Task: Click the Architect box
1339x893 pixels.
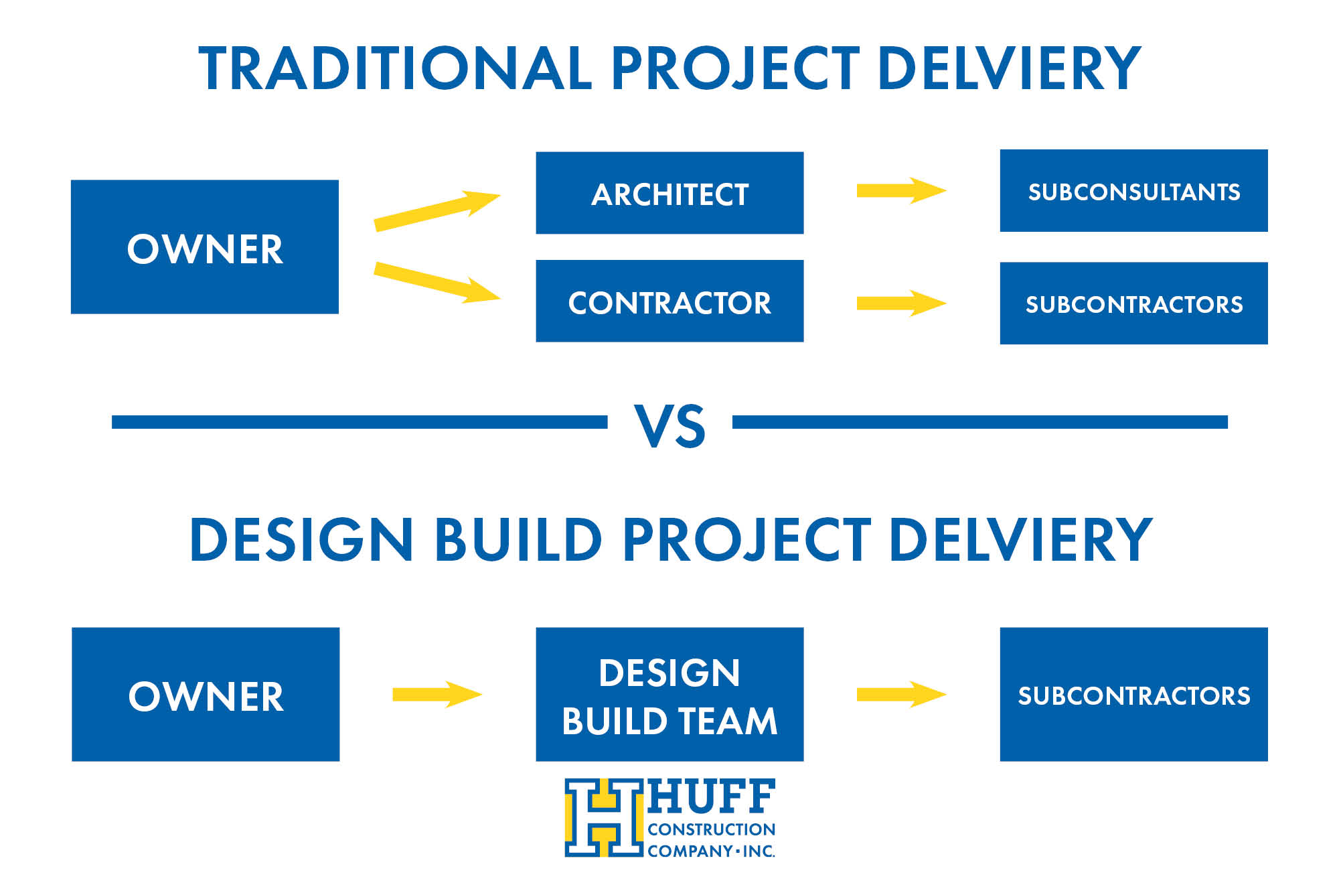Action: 669,193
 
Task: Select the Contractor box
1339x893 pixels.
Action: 669,301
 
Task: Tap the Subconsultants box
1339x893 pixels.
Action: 1133,191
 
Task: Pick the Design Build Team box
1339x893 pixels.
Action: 669,694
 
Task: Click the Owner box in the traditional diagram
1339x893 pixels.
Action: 205,247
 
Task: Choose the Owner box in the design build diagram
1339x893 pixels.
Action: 206,694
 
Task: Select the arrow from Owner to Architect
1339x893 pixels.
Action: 437,210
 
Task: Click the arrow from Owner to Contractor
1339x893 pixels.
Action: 437,282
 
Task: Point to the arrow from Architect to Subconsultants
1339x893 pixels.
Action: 901,190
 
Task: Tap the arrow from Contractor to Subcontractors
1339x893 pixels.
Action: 901,303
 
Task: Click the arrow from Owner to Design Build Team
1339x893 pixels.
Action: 437,694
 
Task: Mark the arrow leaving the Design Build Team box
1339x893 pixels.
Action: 901,694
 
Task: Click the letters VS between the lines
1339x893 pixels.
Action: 669,426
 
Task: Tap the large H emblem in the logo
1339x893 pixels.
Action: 604,817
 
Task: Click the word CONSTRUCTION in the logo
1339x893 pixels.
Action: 711,829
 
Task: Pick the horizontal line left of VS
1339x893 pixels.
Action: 360,422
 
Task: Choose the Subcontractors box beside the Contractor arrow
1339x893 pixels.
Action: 1133,303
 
